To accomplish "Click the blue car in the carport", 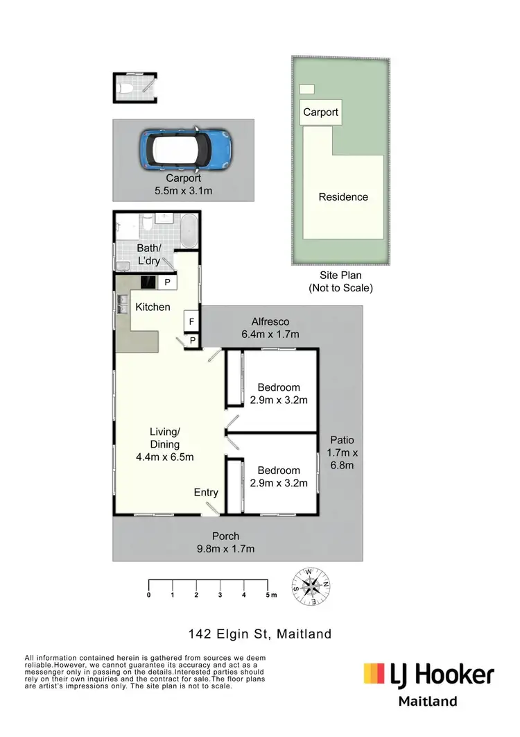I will [187, 150].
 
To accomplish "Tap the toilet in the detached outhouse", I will [125, 87].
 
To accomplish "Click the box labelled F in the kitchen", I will [191, 321].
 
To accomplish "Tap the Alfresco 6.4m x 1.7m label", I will [270, 328].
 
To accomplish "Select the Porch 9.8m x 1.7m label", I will [226, 542].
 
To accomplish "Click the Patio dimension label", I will [342, 452].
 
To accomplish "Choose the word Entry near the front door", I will [206, 492].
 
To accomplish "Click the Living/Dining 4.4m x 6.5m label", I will [164, 444].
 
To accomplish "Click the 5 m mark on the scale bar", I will [268, 595].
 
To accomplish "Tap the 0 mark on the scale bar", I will [149, 595].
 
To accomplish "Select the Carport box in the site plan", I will [320, 112].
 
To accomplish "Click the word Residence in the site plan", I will [343, 197].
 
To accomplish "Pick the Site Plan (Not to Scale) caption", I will [340, 282].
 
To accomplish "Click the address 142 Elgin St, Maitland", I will [260, 634].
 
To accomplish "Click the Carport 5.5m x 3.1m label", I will [183, 183].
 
